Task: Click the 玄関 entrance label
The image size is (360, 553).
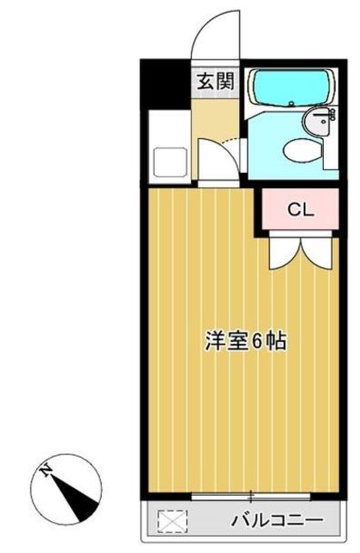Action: (214, 82)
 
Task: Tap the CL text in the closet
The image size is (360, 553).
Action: (300, 208)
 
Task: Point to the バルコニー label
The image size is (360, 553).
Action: (277, 521)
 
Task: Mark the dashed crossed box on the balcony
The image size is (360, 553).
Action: (171, 521)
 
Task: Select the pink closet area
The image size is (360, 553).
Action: (300, 209)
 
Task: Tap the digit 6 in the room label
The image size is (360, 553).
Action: (258, 339)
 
